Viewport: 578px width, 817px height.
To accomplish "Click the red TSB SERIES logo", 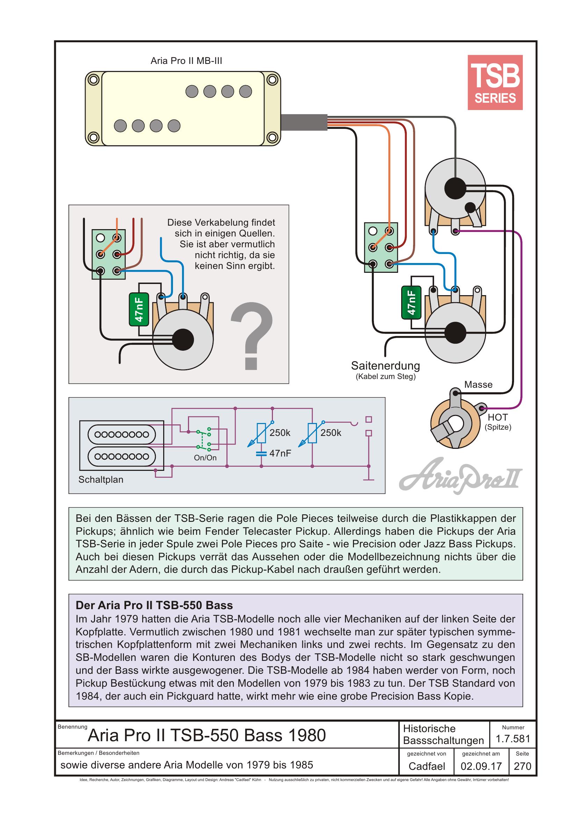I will pos(495,82).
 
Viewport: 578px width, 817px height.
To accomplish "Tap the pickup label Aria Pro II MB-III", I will pos(186,61).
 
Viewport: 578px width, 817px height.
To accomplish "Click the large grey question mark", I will pos(251,336).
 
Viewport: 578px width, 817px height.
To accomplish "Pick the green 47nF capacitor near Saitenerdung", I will pos(411,302).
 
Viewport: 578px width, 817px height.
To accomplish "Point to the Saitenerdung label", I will pos(385,366).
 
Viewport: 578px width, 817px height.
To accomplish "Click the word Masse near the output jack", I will pos(478,385).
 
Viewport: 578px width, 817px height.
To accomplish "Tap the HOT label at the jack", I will pos(498,417).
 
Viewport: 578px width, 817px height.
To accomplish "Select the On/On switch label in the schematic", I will pos(205,458).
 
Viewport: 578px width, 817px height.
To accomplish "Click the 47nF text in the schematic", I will pos(280,453).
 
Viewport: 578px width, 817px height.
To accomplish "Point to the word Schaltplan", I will pos(101,480).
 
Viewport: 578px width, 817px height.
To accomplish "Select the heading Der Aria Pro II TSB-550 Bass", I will pos(154,605).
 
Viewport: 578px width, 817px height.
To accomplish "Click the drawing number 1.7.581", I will pos(513,739).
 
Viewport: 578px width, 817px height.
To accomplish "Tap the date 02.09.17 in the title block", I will pos(481,766).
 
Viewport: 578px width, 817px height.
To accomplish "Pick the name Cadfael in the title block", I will pos(427,766).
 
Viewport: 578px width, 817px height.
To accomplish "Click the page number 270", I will pos(522,766).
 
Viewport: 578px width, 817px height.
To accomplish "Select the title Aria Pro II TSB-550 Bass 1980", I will pos(207,736).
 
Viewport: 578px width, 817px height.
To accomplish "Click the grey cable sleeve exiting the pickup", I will pos(304,123).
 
